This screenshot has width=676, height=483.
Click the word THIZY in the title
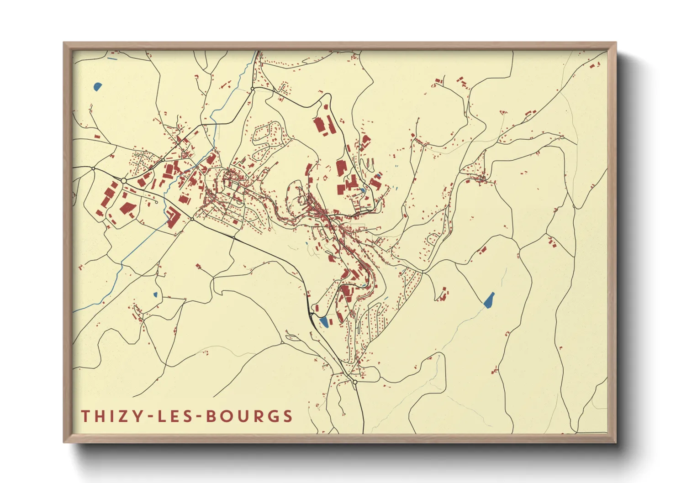click(x=111, y=416)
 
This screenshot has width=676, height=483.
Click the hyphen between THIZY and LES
click(x=147, y=416)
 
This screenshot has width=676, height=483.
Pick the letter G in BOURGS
click(x=272, y=416)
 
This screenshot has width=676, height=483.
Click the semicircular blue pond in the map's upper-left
click(x=97, y=86)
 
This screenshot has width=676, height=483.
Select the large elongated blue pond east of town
click(x=489, y=299)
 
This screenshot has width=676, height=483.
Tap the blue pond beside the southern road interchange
click(x=324, y=322)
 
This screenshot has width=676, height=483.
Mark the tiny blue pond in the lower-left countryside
click(x=155, y=294)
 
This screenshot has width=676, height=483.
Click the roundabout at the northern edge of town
click(x=252, y=89)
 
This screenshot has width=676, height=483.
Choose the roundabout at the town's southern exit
click(x=355, y=382)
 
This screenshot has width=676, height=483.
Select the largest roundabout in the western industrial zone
click(x=124, y=181)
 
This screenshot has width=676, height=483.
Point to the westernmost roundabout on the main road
click(x=93, y=168)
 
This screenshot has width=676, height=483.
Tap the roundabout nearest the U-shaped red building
click(x=192, y=219)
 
